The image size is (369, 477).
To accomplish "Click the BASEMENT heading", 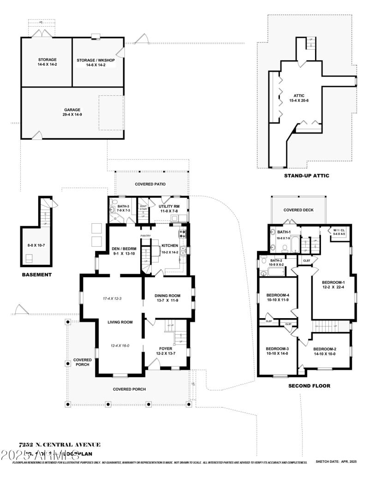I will coord(37,274).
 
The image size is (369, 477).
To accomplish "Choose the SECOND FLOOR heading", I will coord(309,385).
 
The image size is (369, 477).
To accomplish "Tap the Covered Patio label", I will coord(150,184).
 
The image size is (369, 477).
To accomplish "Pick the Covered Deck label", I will coord(298,210).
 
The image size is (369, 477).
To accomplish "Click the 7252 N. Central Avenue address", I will coord(60,444).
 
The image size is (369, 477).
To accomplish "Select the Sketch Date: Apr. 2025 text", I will coord(336,461).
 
